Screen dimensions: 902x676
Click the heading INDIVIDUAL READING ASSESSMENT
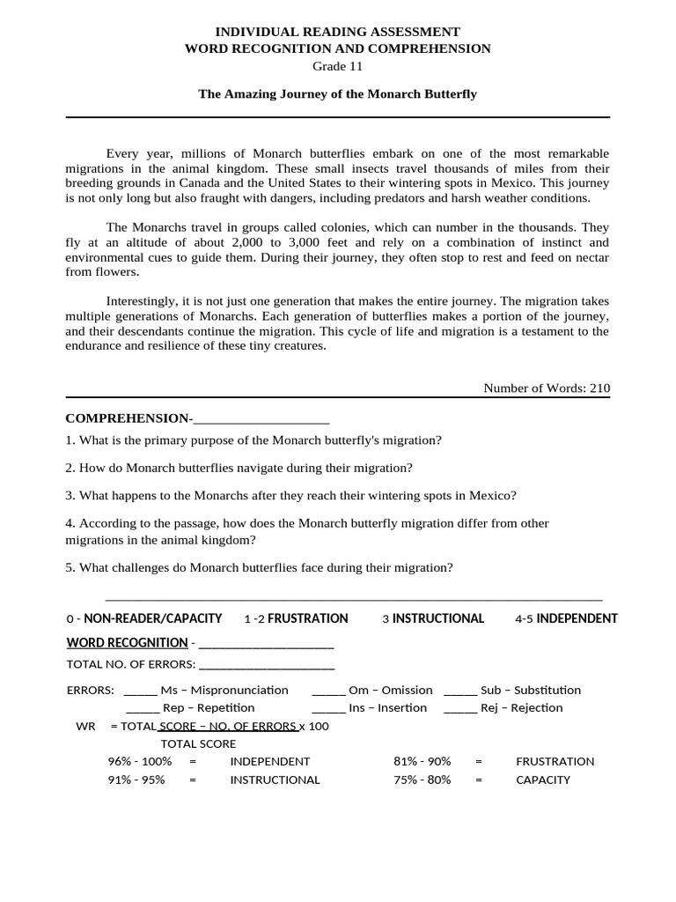(x=338, y=31)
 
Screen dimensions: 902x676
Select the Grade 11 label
(x=338, y=66)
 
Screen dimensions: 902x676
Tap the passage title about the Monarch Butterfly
(x=338, y=93)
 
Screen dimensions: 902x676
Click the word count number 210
(x=599, y=388)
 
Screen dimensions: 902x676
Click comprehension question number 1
(x=253, y=440)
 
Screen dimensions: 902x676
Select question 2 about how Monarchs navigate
(x=239, y=468)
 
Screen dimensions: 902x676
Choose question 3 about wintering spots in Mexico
(x=290, y=495)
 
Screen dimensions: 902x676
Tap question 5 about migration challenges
(x=259, y=568)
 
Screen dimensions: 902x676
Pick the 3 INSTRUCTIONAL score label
(x=433, y=618)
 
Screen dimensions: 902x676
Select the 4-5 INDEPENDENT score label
(x=566, y=618)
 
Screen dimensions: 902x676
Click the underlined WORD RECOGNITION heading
(x=127, y=643)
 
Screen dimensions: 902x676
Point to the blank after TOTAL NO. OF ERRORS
(x=267, y=664)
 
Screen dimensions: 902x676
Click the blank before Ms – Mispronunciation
(x=140, y=691)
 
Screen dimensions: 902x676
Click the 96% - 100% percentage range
(x=140, y=761)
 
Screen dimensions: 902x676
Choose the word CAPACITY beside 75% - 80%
(x=543, y=780)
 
